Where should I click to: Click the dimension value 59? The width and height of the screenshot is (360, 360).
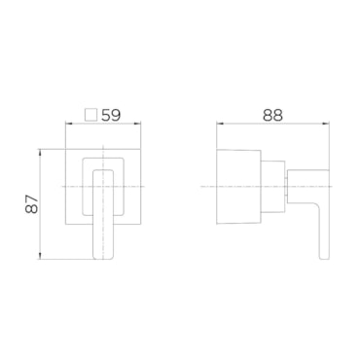[x=111, y=115]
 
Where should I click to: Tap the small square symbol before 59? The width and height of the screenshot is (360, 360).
[x=90, y=115]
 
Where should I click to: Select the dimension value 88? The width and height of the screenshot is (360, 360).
[x=272, y=115]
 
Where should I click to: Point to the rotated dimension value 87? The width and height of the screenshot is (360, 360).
[x=32, y=204]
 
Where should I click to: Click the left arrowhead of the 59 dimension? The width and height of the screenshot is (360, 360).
[x=68, y=124]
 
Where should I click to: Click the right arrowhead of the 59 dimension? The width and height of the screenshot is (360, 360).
[x=139, y=124]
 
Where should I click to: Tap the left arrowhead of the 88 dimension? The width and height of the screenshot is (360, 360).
[x=219, y=124]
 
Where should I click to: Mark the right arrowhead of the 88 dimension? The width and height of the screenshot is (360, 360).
[x=326, y=124]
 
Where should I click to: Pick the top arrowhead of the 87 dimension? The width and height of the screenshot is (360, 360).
[x=40, y=152]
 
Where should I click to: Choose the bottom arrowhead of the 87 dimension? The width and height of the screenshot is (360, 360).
[x=40, y=257]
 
